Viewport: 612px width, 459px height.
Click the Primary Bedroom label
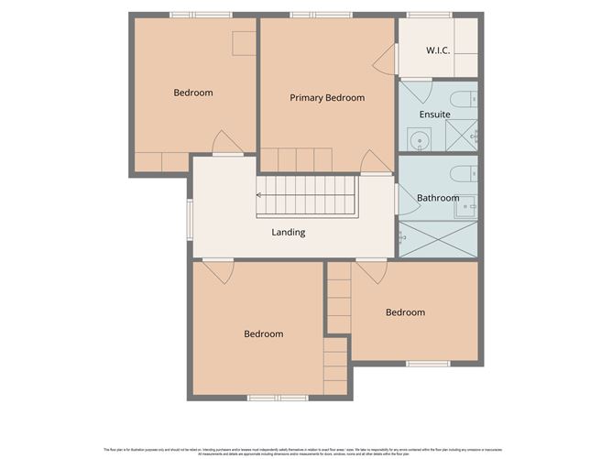(327, 98)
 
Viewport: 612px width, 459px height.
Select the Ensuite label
(434, 115)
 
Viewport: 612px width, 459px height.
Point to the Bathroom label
(438, 198)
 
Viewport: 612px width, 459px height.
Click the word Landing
(288, 233)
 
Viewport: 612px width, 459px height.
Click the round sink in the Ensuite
(418, 140)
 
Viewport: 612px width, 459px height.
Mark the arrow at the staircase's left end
(260, 194)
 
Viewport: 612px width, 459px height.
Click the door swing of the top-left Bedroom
(222, 143)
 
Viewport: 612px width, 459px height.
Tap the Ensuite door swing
(418, 93)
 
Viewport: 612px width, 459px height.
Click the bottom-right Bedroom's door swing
(371, 271)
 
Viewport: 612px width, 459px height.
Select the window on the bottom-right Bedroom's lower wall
(422, 364)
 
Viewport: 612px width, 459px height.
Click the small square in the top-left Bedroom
(244, 44)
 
